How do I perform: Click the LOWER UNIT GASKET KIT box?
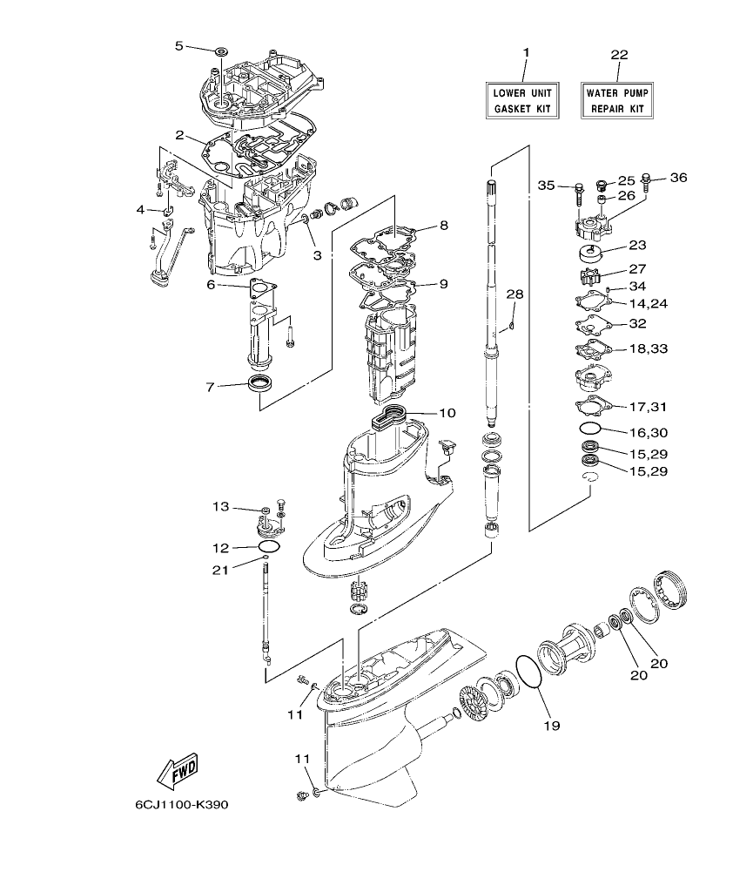click(523, 100)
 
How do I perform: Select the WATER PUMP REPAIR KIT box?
click(617, 100)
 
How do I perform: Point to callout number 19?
click(552, 724)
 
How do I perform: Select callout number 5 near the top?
click(180, 45)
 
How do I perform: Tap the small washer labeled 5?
click(219, 52)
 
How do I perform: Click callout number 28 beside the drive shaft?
click(514, 294)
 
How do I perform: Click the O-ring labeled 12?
click(270, 546)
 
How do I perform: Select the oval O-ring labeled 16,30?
click(590, 429)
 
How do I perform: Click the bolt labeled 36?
click(646, 183)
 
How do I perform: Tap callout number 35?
click(546, 186)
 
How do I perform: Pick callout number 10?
click(447, 413)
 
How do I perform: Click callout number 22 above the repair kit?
click(618, 55)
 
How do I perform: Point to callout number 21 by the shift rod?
click(221, 570)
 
